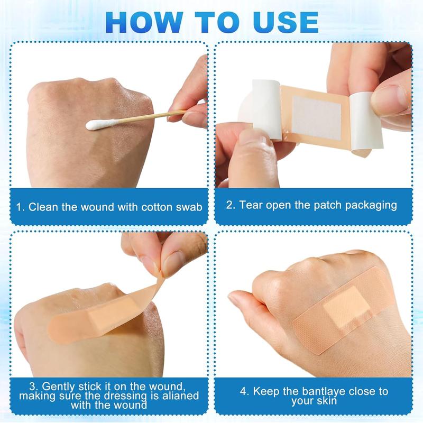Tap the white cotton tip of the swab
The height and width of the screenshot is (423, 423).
pyautogui.click(x=97, y=125)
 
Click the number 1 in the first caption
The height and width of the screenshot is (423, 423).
pyautogui.click(x=20, y=206)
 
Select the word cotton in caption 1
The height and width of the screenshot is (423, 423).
pyautogui.click(x=157, y=206)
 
